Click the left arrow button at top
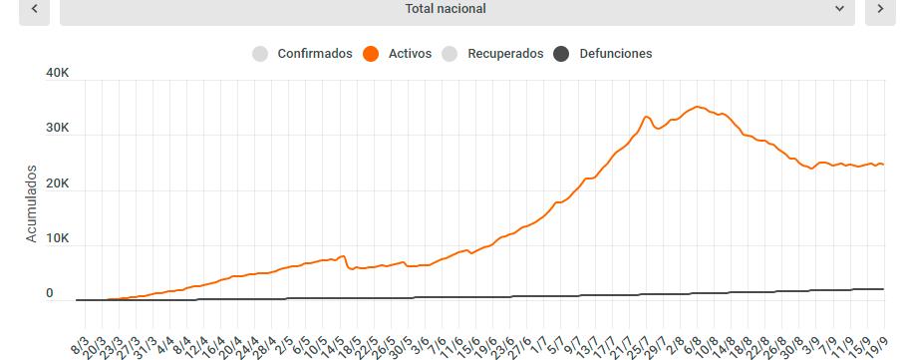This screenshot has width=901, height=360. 34,9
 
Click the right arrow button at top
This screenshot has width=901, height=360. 880,9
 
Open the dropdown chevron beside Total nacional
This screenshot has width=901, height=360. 839,9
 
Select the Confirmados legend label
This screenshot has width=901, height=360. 314,54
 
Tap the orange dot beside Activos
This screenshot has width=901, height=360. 371,54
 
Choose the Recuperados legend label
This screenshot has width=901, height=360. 505,54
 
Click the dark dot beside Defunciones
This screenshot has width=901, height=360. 560,54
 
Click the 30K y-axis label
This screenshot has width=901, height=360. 58,129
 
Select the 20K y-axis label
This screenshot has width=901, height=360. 58,184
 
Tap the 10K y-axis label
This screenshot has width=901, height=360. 58,239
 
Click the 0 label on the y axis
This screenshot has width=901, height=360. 49,294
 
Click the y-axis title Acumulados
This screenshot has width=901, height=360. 31,203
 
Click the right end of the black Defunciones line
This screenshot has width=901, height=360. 883,289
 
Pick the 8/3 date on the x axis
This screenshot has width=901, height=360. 80,345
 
